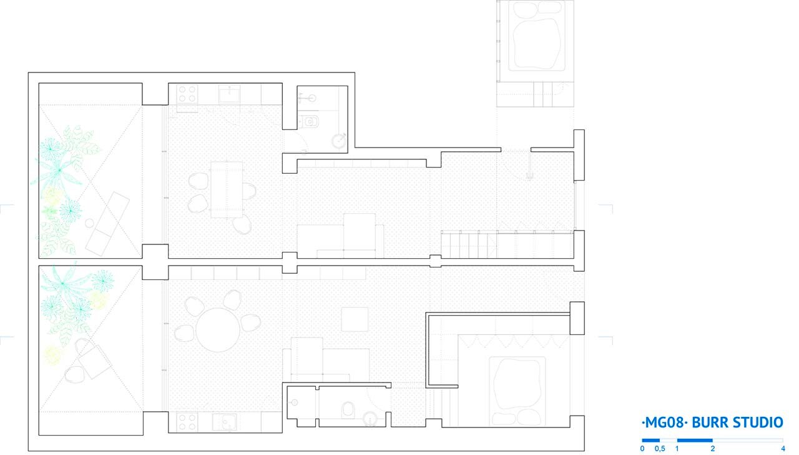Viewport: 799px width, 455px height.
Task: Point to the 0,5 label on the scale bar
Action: (x=660, y=449)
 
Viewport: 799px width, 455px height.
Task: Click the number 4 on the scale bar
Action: (x=783, y=449)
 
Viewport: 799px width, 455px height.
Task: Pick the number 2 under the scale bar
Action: (x=713, y=449)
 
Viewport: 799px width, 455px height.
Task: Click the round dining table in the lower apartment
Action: (x=218, y=329)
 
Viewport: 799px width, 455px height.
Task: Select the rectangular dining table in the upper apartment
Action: (x=227, y=189)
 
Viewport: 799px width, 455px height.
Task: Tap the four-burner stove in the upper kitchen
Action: (x=187, y=94)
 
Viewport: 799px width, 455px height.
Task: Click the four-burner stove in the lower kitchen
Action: (x=187, y=422)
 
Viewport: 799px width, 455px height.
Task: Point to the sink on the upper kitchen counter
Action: (x=229, y=94)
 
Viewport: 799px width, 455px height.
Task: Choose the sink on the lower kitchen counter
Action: (x=224, y=422)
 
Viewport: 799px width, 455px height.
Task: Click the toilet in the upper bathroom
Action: (x=308, y=122)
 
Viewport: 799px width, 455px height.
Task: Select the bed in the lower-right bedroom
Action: (x=517, y=391)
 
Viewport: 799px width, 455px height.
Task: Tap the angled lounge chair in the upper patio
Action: (x=107, y=224)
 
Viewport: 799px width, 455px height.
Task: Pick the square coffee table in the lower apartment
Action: (x=355, y=319)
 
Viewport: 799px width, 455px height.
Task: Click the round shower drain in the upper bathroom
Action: (x=338, y=141)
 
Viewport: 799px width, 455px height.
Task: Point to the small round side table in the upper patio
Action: (x=89, y=224)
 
